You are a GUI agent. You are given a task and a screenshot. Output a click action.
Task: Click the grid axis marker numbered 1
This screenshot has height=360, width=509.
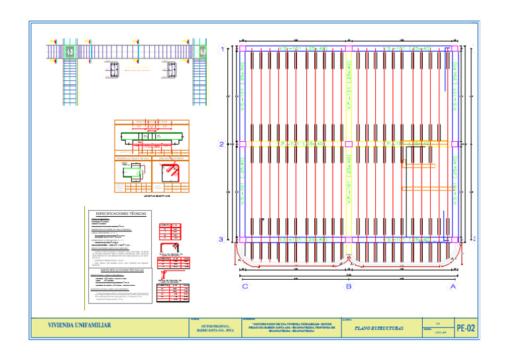(221, 48)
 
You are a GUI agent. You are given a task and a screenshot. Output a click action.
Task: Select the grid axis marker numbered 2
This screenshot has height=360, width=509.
(221, 143)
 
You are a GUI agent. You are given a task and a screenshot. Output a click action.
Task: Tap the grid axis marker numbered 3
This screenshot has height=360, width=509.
(221, 239)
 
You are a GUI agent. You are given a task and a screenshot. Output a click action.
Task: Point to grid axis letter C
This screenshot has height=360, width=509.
(245, 287)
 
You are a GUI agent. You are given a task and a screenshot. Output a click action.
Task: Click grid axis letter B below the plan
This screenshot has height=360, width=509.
(349, 287)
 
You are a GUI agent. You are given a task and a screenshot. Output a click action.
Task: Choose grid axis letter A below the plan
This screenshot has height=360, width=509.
(453, 287)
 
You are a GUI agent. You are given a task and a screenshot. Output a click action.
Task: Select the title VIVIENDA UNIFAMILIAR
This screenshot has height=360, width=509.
(79, 326)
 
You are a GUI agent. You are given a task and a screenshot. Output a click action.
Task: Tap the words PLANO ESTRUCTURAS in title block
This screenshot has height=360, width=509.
(379, 328)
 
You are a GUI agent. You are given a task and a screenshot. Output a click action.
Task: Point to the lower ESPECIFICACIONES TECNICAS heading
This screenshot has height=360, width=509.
(121, 270)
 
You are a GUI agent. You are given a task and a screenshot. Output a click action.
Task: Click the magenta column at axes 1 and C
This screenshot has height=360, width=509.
(243, 48)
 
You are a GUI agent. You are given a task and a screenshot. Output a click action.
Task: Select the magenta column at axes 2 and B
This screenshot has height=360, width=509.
(349, 143)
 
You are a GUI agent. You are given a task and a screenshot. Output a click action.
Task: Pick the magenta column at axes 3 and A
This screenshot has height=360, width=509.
(453, 239)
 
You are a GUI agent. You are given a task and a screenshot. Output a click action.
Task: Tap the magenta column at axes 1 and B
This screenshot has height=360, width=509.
(349, 48)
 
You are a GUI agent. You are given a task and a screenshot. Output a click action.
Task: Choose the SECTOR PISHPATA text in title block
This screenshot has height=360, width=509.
(215, 328)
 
